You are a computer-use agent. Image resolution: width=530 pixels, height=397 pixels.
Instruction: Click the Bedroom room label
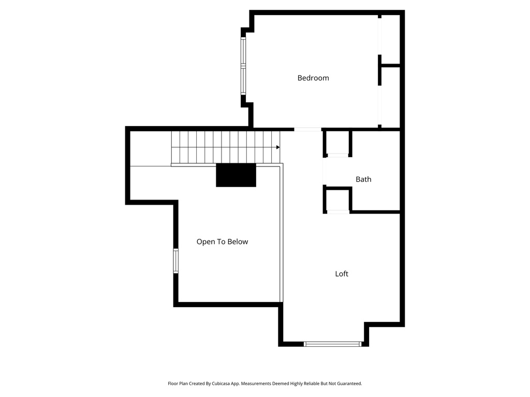tap(313, 78)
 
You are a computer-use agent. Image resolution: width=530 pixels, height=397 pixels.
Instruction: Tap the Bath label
tap(363, 179)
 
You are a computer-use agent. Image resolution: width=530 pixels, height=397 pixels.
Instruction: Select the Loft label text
tap(342, 274)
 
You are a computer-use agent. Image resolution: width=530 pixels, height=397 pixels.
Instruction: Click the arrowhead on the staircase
tap(278, 147)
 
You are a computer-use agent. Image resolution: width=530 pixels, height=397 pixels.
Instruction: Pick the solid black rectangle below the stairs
tap(236, 175)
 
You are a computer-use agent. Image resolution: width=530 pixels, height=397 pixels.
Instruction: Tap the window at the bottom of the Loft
tap(332, 344)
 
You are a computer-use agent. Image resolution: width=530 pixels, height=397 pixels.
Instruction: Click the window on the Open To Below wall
tap(176, 261)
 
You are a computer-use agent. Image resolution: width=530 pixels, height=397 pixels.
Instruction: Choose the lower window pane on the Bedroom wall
tap(243, 81)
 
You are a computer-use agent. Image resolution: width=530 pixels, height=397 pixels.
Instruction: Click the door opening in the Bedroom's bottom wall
tap(307, 129)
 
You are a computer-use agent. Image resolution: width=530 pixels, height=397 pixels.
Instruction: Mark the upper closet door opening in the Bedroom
tap(379, 36)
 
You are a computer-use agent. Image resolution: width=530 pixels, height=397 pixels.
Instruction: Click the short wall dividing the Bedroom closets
tap(390, 66)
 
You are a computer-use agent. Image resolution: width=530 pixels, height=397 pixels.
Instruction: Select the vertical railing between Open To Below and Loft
tap(282, 233)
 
